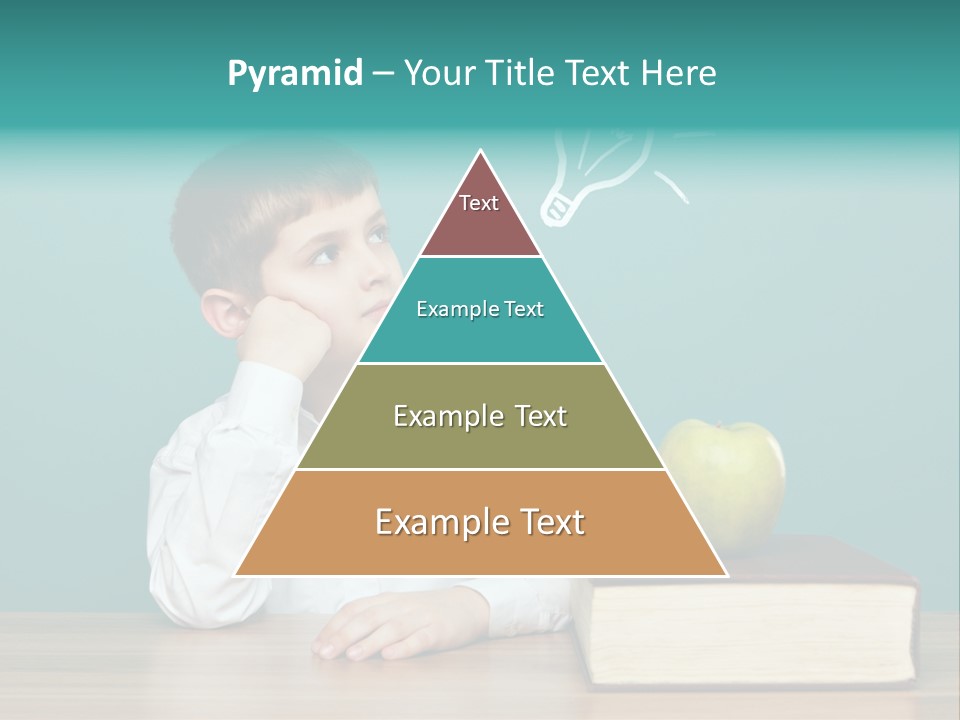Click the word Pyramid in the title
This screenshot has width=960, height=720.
pos(295,74)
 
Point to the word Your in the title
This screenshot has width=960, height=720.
pos(440,74)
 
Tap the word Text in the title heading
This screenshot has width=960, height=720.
pos(600,74)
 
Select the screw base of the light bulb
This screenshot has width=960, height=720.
pos(556,208)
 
